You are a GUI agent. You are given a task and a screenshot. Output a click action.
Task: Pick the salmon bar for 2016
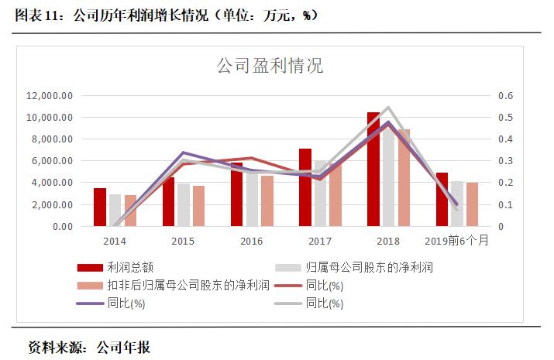[x=267, y=201]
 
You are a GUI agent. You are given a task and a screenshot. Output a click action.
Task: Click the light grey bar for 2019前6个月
[x=457, y=204]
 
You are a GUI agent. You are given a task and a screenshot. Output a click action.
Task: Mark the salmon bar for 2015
[x=199, y=206]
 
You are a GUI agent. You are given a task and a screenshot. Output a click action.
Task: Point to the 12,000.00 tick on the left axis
[x=50, y=96]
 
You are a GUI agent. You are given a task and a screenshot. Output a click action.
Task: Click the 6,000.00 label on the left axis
[x=52, y=161]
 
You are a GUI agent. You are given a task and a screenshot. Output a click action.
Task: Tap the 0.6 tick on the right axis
[x=505, y=96]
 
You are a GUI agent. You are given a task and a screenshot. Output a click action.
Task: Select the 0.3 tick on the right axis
[x=505, y=161]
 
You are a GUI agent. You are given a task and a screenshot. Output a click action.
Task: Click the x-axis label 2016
[x=252, y=241]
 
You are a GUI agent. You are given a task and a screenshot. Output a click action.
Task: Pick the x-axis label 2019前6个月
[x=457, y=241]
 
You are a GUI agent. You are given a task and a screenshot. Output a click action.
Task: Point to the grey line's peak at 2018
[x=388, y=108]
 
